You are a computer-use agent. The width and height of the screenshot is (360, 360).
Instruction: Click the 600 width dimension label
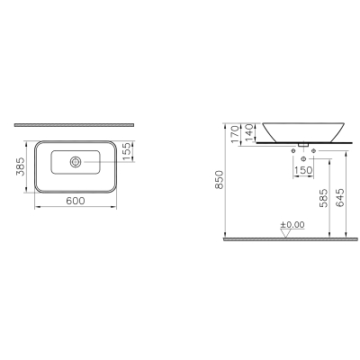[x=76, y=201]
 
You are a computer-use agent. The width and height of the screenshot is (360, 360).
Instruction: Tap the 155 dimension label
[x=127, y=151]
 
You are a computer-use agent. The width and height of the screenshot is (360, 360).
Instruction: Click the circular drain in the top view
[x=76, y=162]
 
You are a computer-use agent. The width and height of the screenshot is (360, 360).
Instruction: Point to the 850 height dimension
[x=220, y=179]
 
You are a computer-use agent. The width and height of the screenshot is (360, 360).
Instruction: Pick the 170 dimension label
[x=236, y=134]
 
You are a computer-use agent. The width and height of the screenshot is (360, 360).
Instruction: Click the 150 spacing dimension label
[x=303, y=170]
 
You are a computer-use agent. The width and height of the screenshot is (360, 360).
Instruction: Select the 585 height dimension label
[x=323, y=198]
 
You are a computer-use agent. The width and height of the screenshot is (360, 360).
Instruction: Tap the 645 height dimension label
[x=340, y=198]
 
